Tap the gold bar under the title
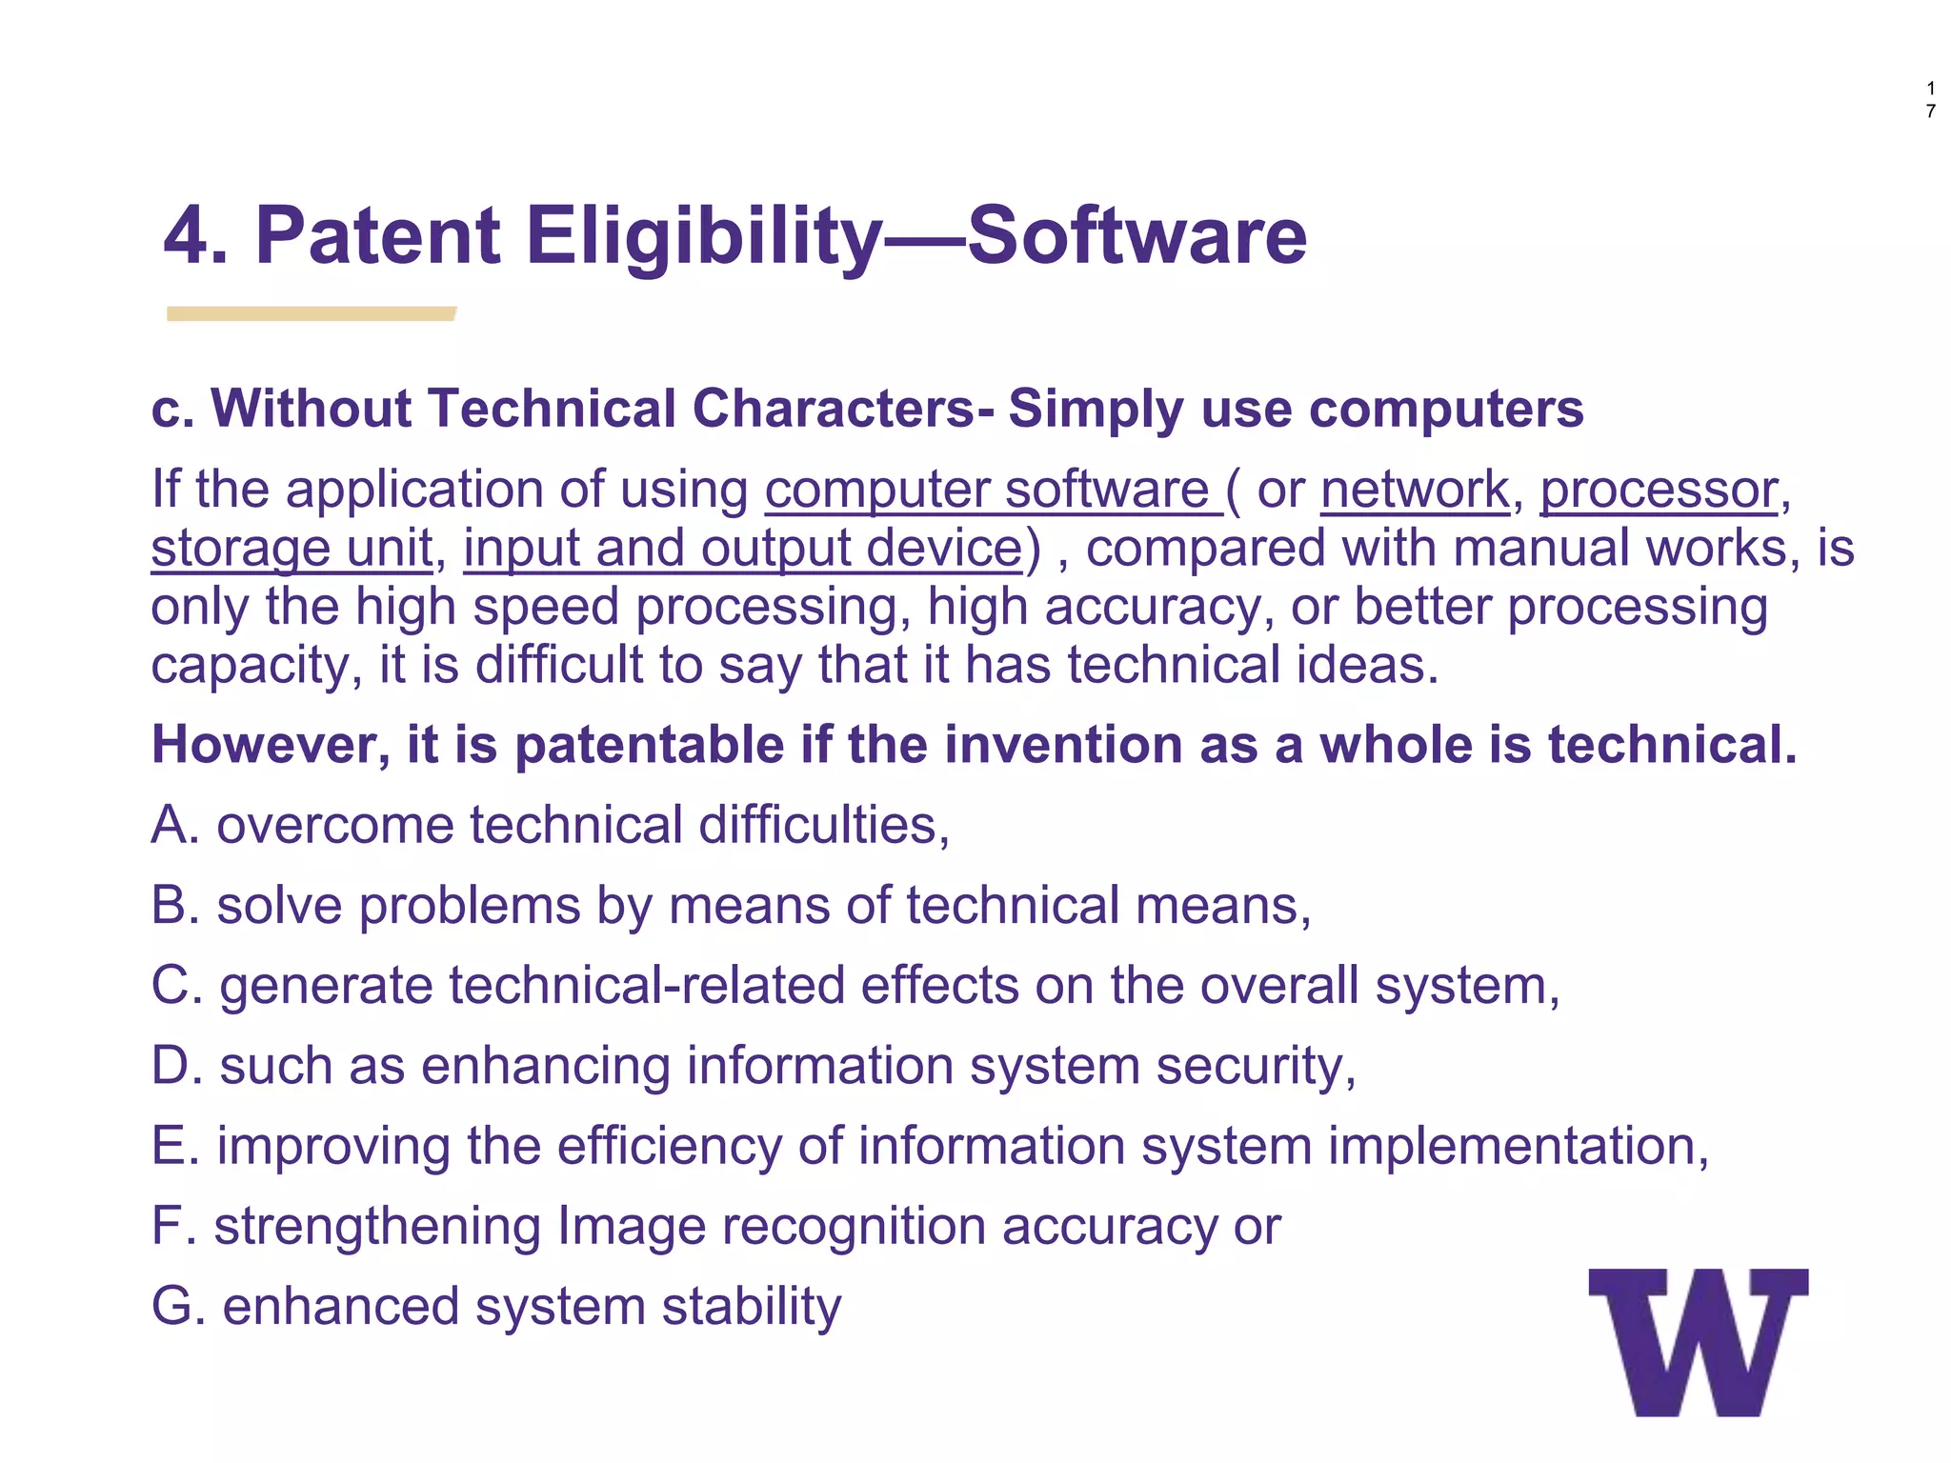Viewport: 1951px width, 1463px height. (311, 313)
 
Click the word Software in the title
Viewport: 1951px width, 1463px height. (1136, 236)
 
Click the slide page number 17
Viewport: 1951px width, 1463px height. (1930, 100)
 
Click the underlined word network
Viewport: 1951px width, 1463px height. (1415, 491)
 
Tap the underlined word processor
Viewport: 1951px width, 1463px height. (1659, 491)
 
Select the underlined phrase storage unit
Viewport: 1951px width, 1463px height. (292, 550)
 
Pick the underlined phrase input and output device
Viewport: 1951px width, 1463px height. (742, 550)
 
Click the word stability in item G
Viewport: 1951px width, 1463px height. (752, 1306)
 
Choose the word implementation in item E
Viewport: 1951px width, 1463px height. (1518, 1146)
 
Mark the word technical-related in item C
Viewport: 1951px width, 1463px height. (647, 986)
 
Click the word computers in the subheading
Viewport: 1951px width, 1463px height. (1445, 410)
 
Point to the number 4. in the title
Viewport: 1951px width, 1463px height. (194, 236)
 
